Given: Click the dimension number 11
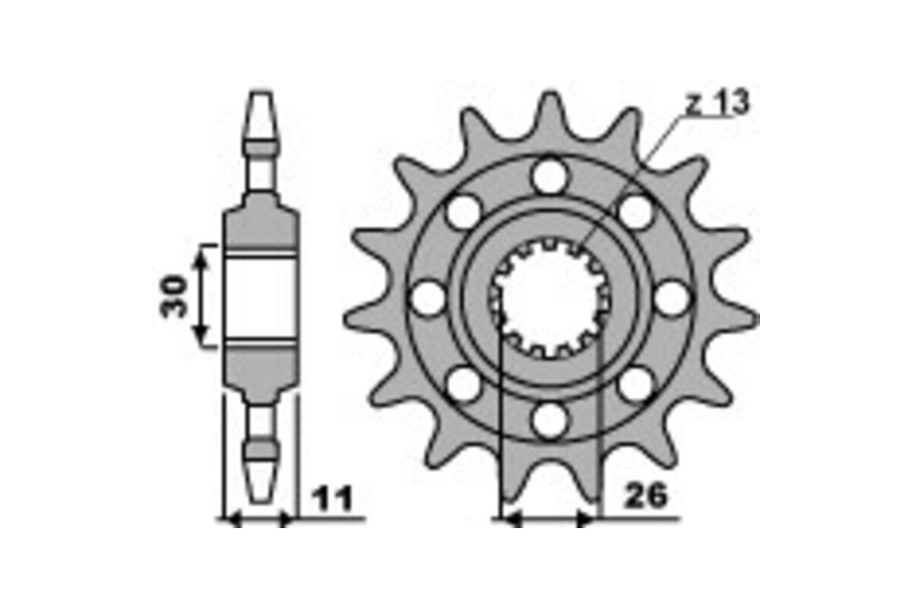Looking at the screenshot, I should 332,499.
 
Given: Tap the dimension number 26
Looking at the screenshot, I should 645,496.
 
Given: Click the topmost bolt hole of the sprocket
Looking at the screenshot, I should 549,177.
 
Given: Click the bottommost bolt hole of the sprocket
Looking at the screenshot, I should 549,420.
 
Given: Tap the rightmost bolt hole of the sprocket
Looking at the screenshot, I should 671,298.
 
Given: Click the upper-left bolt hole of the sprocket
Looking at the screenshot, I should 464,211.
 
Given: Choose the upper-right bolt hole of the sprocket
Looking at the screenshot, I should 635,211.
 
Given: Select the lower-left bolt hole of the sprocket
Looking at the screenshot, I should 464,385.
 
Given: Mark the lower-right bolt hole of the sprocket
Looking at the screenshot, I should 635,385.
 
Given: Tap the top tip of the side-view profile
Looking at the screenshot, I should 261,94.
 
